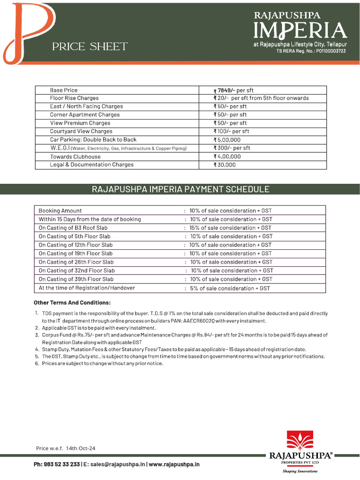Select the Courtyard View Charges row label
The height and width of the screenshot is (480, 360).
pyautogui.click(x=81, y=131)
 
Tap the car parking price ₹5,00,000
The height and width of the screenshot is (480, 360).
pyautogui.click(x=227, y=140)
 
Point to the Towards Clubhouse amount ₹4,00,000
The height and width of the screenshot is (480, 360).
pyautogui.click(x=227, y=157)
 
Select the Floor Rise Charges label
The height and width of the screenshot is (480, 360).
pyautogui.click(x=74, y=98)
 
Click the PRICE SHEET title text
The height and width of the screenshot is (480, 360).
pyautogui.click(x=90, y=46)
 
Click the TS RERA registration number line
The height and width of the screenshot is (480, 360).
pyautogui.click(x=311, y=51)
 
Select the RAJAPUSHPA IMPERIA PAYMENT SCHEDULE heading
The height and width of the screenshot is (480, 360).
pyautogui.click(x=180, y=189)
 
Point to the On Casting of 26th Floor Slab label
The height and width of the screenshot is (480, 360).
pyautogui.click(x=76, y=262)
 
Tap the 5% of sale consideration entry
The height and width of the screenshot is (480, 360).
pyautogui.click(x=230, y=288)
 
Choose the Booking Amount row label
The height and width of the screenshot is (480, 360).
pyautogui.click(x=60, y=211)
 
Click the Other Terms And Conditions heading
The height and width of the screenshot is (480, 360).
pyautogui.click(x=72, y=302)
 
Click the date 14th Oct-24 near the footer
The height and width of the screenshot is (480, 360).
pyautogui.click(x=81, y=449)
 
